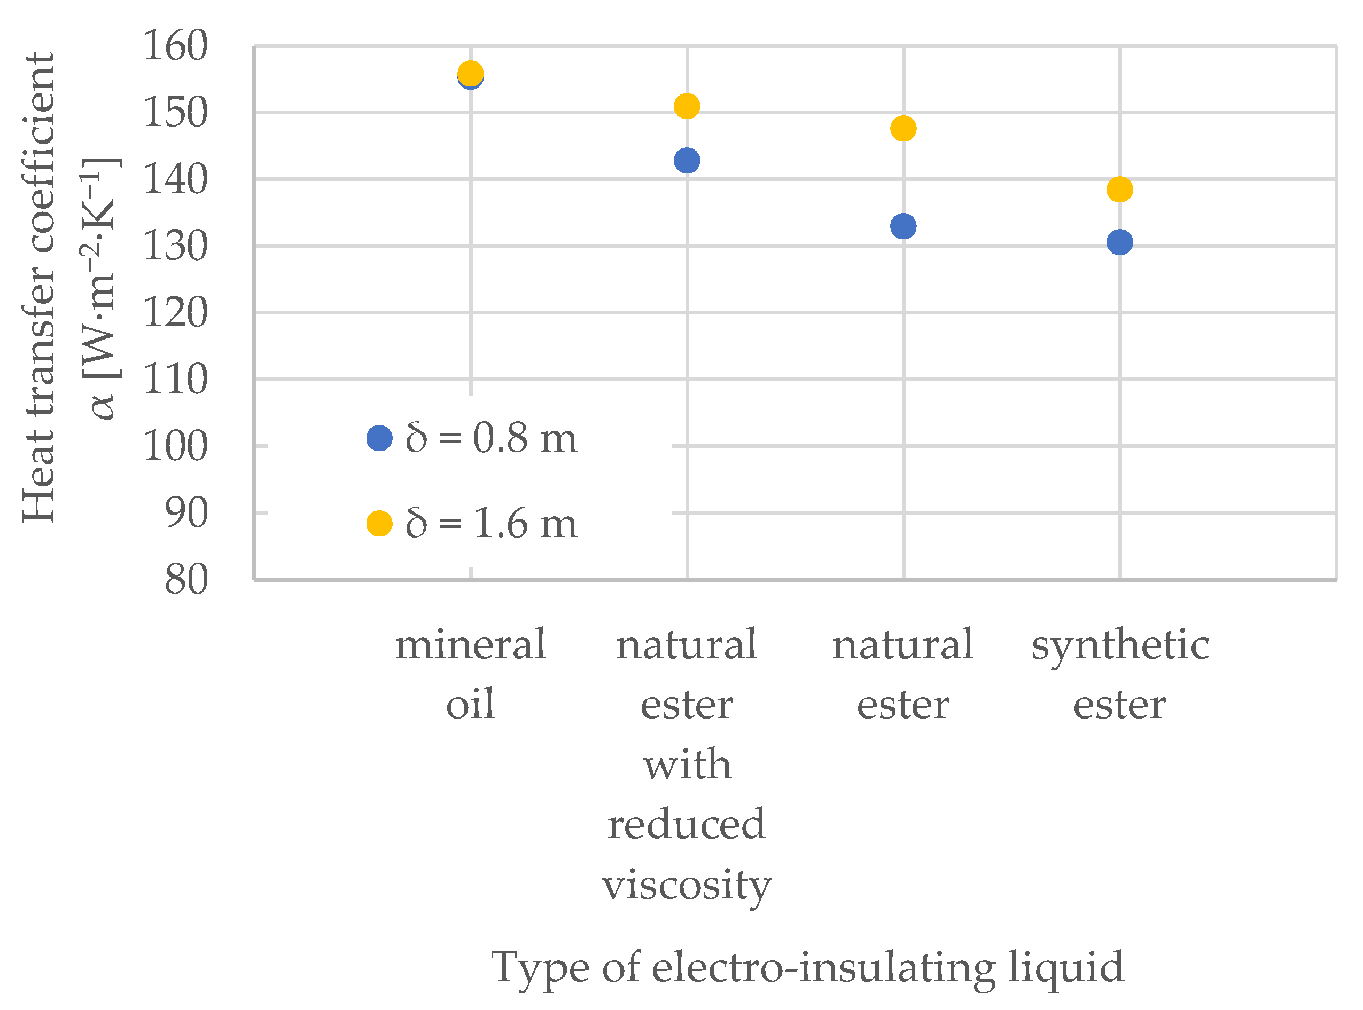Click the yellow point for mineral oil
pyautogui.click(x=470, y=73)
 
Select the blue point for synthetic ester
pyautogui.click(x=1119, y=242)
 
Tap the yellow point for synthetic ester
pyautogui.click(x=1119, y=189)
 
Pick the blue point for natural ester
pyautogui.click(x=903, y=226)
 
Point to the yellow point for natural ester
pyautogui.click(x=903, y=129)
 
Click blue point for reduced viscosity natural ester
pyautogui.click(x=687, y=161)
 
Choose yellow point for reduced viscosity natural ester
pyautogui.click(x=687, y=106)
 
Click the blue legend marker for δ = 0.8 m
pyautogui.click(x=379, y=438)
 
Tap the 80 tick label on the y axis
pyautogui.click(x=186, y=580)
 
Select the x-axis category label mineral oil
pyautogui.click(x=470, y=673)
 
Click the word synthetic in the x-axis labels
pyautogui.click(x=1119, y=645)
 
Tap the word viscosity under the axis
pyautogui.click(x=687, y=884)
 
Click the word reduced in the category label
pyautogui.click(x=687, y=824)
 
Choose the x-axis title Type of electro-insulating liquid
pyautogui.click(x=807, y=968)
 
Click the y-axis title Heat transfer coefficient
pyautogui.click(x=38, y=287)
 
